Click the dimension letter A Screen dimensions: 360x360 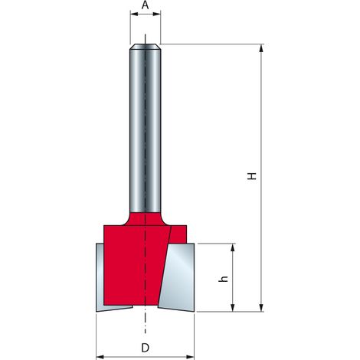pyautogui.click(x=145, y=5)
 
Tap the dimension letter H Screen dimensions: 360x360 pyautogui.click(x=252, y=176)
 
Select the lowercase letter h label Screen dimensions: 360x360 pyautogui.click(x=223, y=279)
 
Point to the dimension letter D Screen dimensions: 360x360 pyautogui.click(x=145, y=348)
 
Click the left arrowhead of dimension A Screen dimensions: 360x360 pyautogui.click(x=134, y=14)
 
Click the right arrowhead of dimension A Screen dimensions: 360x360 pyautogui.click(x=157, y=14)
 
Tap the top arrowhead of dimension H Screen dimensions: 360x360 pyautogui.click(x=261, y=48)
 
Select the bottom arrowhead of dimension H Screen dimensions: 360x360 pyautogui.click(x=261, y=308)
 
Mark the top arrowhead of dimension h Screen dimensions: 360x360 pyautogui.click(x=232, y=247)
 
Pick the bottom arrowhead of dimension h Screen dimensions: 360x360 pyautogui.click(x=232, y=308)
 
